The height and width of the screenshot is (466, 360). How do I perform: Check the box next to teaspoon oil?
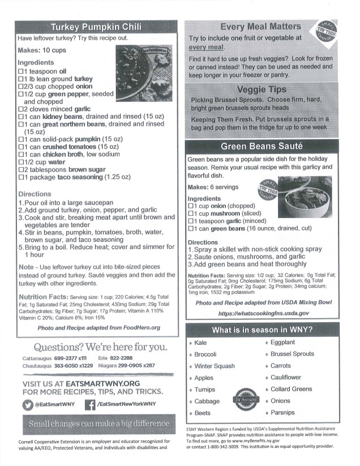coord(22,72)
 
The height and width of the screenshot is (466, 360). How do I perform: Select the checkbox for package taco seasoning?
coord(22,177)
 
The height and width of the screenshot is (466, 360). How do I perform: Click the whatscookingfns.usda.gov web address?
coord(263,313)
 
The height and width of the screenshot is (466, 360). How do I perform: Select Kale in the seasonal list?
coord(201,343)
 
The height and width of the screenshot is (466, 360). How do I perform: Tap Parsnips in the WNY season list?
coord(283,413)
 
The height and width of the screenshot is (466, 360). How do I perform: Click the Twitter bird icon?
coord(28,404)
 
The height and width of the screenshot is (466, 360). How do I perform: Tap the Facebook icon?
coord(89,404)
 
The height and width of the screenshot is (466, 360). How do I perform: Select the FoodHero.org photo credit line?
coord(99,327)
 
